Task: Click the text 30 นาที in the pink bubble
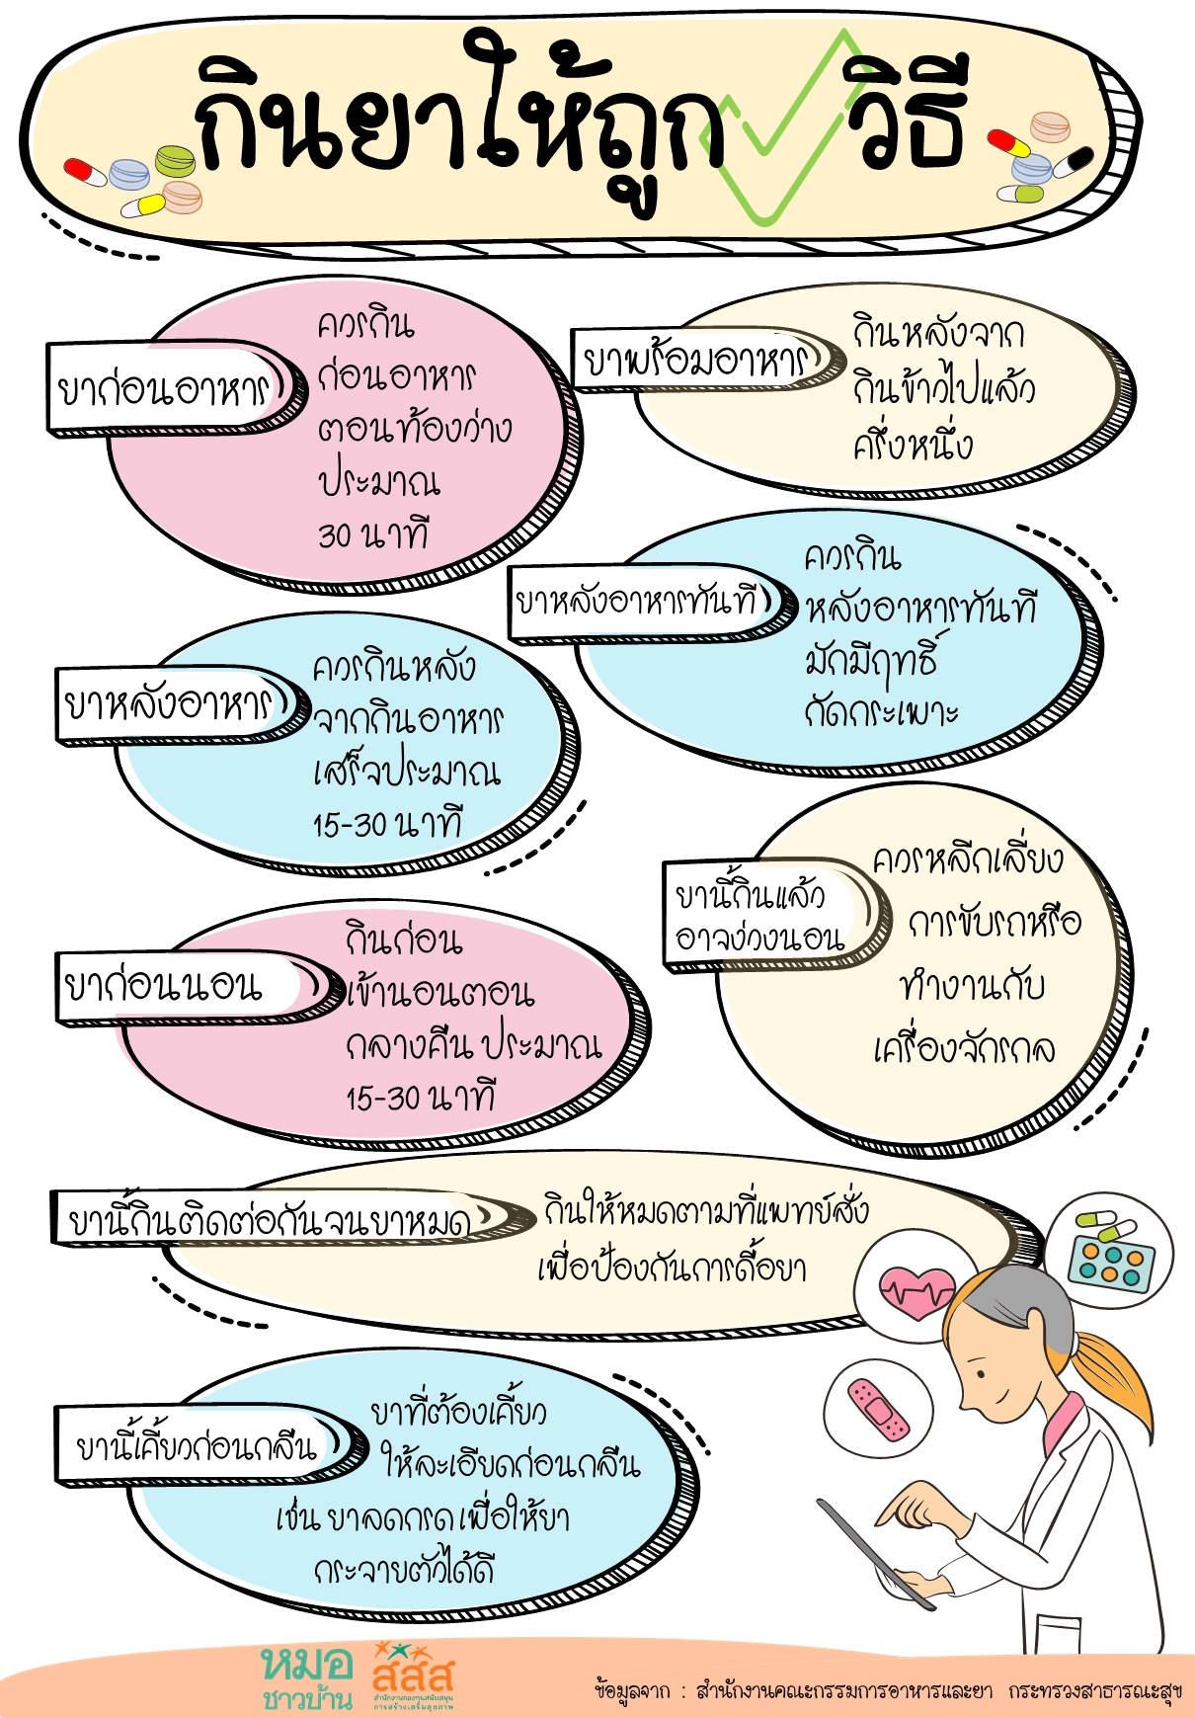tap(373, 534)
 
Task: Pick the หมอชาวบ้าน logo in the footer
tap(307, 1677)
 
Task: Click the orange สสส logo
tap(413, 1676)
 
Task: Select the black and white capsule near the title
tap(1073, 162)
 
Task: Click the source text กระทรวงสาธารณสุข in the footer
tap(1095, 1691)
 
